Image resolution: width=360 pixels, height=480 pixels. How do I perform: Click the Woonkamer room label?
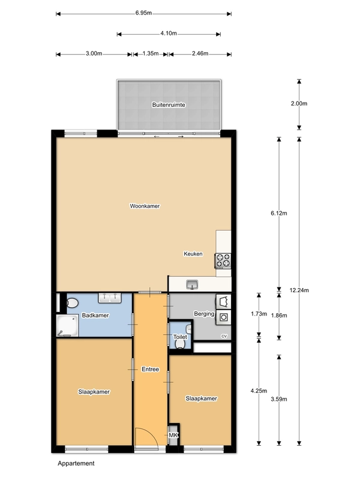[145, 206]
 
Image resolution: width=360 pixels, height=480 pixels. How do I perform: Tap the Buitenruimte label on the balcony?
[169, 104]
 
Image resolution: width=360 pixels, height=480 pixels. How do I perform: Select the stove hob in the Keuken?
[223, 260]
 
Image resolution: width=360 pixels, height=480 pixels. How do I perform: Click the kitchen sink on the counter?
[192, 284]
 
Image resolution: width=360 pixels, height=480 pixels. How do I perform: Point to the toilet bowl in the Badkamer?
[73, 304]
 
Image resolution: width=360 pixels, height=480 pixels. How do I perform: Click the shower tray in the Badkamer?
[67, 326]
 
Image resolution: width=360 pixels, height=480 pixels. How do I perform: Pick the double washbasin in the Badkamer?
[110, 298]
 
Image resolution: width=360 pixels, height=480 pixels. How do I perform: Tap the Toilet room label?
[180, 337]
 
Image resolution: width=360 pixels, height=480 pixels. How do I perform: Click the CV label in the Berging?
[224, 336]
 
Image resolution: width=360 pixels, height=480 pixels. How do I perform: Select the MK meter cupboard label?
[173, 435]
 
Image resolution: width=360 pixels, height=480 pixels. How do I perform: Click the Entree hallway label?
[151, 369]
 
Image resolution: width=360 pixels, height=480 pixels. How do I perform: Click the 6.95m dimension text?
[143, 13]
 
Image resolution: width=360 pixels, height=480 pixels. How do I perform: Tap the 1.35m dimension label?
[151, 53]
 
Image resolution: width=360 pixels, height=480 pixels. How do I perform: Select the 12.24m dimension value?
[299, 290]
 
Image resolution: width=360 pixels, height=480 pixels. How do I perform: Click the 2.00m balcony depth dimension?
[299, 103]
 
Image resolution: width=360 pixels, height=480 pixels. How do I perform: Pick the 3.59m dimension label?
[279, 399]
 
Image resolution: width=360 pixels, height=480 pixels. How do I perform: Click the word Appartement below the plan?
[76, 463]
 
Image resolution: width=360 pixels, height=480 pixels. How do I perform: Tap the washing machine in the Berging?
[223, 317]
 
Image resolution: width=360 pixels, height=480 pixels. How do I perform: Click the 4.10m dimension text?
[169, 33]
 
